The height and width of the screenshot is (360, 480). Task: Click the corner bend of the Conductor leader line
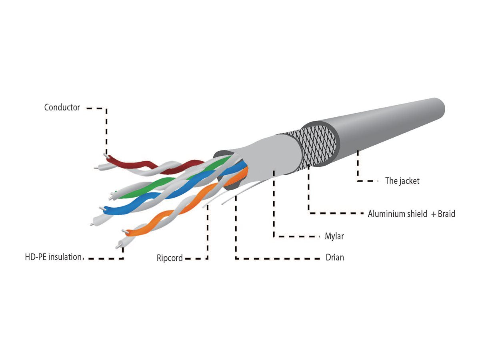(106, 108)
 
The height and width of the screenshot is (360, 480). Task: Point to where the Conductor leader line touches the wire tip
(106, 156)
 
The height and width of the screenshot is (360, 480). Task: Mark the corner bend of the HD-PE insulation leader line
(123, 258)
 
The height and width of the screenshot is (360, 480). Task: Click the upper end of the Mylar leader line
(274, 170)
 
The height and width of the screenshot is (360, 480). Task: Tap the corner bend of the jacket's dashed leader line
(358, 181)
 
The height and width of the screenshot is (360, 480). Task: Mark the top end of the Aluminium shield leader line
(308, 165)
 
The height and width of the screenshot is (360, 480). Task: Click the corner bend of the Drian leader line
(236, 258)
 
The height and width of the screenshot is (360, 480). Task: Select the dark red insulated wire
(153, 166)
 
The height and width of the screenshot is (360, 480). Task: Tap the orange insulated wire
(186, 203)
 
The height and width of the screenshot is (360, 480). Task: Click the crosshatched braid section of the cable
(315, 146)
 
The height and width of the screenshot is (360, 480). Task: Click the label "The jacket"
(402, 181)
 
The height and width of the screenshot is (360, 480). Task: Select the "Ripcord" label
(170, 258)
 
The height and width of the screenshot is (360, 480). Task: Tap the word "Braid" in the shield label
(446, 214)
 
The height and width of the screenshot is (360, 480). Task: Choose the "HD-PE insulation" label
(54, 257)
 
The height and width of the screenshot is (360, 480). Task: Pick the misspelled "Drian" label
(334, 258)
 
